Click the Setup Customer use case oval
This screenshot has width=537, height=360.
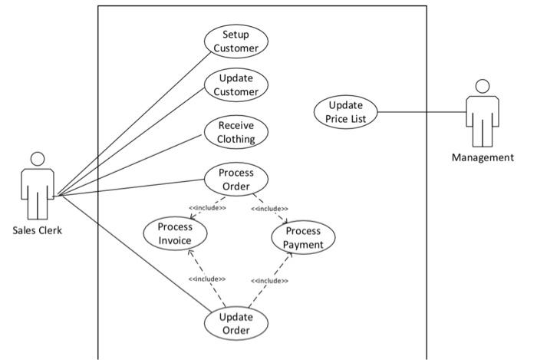pyautogui.click(x=236, y=41)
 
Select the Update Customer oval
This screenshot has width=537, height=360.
pyautogui.click(x=236, y=85)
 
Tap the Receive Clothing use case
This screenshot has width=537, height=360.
pyautogui.click(x=236, y=132)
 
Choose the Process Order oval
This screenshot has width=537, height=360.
pyautogui.click(x=236, y=180)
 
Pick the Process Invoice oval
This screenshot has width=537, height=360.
pyautogui.click(x=175, y=233)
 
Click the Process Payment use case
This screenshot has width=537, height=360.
pyautogui.click(x=303, y=238)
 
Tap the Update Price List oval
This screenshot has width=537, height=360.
pyautogui.click(x=346, y=111)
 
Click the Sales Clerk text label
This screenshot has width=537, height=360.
pyautogui.click(x=37, y=230)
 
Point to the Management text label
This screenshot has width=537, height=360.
pyautogui.click(x=483, y=158)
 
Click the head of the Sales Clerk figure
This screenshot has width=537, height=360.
pyautogui.click(x=37, y=159)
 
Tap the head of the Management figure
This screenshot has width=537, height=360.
pyautogui.click(x=482, y=85)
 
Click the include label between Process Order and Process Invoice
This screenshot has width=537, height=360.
pyautogui.click(x=207, y=207)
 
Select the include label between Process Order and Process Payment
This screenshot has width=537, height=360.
pyautogui.click(x=269, y=208)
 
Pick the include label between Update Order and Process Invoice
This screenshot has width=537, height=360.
pyautogui.click(x=206, y=279)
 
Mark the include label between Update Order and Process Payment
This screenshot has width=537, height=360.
pyautogui.click(x=269, y=281)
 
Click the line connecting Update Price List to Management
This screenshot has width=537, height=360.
pyautogui.click(x=422, y=113)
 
